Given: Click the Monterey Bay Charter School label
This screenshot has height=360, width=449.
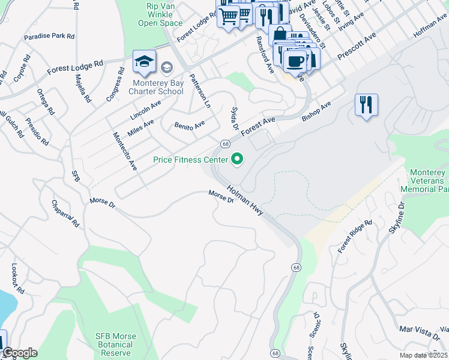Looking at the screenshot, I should (x=156, y=86).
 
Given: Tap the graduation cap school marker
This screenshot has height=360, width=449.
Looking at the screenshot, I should (x=143, y=62).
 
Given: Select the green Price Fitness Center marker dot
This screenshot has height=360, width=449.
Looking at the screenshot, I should (x=238, y=159).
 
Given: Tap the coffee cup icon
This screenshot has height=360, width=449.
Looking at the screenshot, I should (x=295, y=61).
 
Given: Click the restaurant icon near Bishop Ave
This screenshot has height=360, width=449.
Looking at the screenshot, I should (x=366, y=106).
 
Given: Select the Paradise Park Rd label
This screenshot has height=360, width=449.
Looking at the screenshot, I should (x=49, y=37).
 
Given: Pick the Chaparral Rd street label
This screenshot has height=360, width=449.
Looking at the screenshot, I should (x=65, y=214).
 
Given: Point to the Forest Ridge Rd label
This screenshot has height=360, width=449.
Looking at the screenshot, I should (x=355, y=235).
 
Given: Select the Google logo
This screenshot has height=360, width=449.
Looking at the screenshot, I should (x=19, y=353).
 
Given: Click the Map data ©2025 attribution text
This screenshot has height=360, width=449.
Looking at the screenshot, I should (x=423, y=355).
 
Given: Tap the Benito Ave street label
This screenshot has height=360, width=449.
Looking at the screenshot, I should (x=190, y=125).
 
